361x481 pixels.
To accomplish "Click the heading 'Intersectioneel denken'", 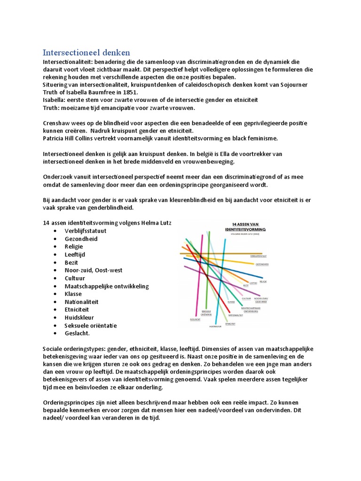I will [86, 52].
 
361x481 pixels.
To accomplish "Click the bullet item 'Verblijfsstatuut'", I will [86, 231].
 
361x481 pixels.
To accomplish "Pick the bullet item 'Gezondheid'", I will [81, 239].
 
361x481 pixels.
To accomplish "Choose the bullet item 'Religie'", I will [74, 247].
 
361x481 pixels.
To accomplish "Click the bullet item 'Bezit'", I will [71, 263].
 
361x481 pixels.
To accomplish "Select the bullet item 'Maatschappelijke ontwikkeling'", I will [107, 286].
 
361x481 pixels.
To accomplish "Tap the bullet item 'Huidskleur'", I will [80, 318].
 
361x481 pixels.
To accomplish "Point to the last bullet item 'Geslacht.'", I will [77, 334].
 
